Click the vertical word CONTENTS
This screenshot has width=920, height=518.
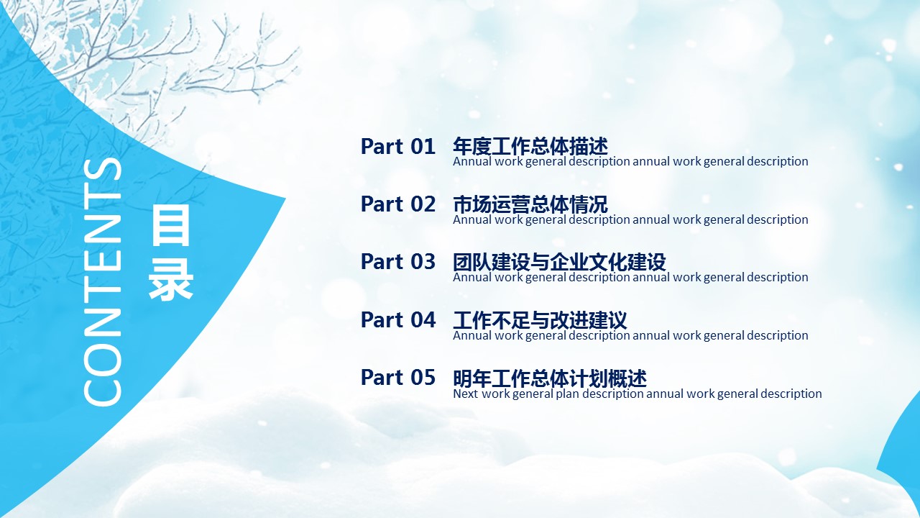(103, 282)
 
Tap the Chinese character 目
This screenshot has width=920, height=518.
(171, 227)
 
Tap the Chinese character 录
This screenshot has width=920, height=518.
(171, 279)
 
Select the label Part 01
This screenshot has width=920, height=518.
(397, 146)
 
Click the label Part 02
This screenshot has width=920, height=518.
(397, 204)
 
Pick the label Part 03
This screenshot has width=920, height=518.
(397, 262)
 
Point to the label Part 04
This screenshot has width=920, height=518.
(397, 320)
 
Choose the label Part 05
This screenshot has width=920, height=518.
(397, 378)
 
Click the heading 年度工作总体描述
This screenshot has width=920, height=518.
(530, 146)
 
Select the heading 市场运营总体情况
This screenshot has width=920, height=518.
(530, 204)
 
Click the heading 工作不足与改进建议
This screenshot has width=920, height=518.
(540, 320)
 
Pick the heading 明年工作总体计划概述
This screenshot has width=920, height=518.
(550, 378)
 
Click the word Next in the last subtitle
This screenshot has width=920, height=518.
(465, 394)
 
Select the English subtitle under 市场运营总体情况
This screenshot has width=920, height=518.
(630, 220)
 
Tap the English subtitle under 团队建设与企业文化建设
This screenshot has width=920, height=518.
(630, 278)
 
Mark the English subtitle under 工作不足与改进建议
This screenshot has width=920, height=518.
(630, 336)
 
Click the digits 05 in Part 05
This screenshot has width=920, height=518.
(423, 378)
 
